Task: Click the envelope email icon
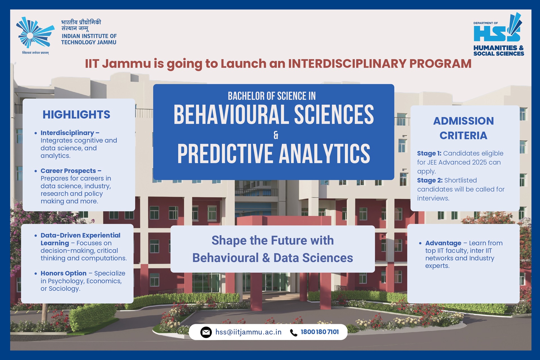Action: (x=206, y=332)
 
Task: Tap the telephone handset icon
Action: (x=294, y=332)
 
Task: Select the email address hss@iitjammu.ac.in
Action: (x=248, y=332)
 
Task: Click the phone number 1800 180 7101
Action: (x=320, y=332)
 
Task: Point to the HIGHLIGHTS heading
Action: (x=76, y=115)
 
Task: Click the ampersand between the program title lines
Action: (x=276, y=135)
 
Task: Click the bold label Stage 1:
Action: (x=429, y=153)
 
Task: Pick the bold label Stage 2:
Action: (x=430, y=180)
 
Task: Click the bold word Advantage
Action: (x=443, y=243)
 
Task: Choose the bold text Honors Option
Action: (x=64, y=273)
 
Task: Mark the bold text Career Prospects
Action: (x=68, y=171)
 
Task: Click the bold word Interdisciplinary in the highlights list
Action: (x=67, y=133)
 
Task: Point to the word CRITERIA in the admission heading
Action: (x=463, y=135)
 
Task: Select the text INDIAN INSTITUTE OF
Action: (x=89, y=36)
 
